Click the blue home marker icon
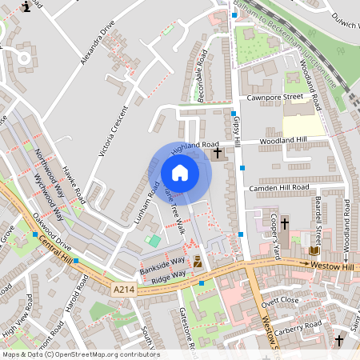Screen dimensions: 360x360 pos(180,173)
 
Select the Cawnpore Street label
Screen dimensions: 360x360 pos(274,98)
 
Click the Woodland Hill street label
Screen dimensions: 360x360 pos(286,139)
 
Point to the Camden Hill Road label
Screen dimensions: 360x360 pos(278,187)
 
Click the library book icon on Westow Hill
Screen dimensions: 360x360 pos(313,251)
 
